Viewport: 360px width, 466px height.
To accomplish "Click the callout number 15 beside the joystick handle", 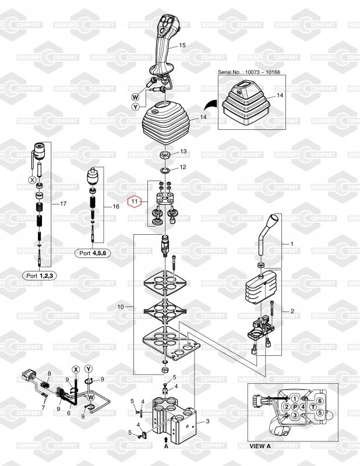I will point(182,45).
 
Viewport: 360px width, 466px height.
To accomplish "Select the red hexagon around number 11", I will point(135,202).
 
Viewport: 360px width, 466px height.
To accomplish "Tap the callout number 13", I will point(183,151).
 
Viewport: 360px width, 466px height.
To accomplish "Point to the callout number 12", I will point(182,167).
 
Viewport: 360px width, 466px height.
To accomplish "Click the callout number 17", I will point(64,204).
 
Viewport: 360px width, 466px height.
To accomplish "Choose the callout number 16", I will point(115,207).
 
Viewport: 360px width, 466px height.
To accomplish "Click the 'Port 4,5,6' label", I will point(93,253).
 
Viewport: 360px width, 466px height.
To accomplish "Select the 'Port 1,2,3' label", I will point(38,275).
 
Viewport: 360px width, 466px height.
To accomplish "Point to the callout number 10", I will point(121,306).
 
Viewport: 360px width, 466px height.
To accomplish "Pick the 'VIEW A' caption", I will point(260,445).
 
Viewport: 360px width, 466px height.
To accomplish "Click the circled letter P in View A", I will point(295,406).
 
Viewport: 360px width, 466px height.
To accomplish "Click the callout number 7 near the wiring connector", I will point(43,407).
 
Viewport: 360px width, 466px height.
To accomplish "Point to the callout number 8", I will point(50,373).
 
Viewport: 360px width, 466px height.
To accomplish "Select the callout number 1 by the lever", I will point(292,243).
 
